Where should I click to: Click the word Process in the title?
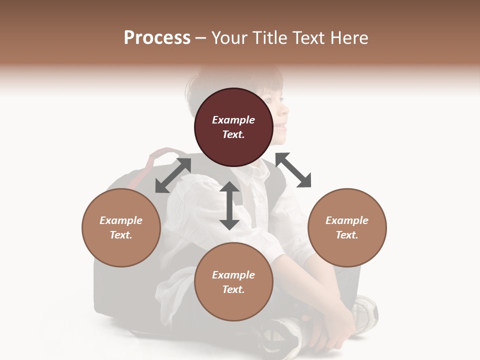click(x=157, y=38)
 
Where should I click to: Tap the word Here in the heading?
click(x=349, y=38)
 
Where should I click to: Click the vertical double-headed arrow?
click(x=229, y=205)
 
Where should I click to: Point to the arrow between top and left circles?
click(x=173, y=175)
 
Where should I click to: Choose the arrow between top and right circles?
click(x=293, y=170)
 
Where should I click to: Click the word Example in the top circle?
click(x=233, y=120)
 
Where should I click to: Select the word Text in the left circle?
click(x=121, y=235)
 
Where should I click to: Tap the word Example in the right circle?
click(x=347, y=220)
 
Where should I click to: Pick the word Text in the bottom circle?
click(x=233, y=289)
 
